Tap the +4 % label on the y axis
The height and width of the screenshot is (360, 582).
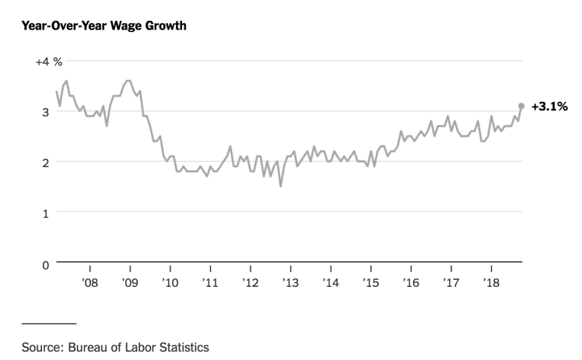pos(48,61)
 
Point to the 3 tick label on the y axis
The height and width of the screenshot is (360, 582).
pos(47,112)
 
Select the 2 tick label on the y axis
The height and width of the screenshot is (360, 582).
pos(47,163)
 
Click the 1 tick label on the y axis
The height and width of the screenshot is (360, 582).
pos(47,213)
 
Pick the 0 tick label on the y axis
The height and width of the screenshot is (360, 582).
pos(47,264)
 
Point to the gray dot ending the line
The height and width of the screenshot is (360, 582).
pos(521,106)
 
